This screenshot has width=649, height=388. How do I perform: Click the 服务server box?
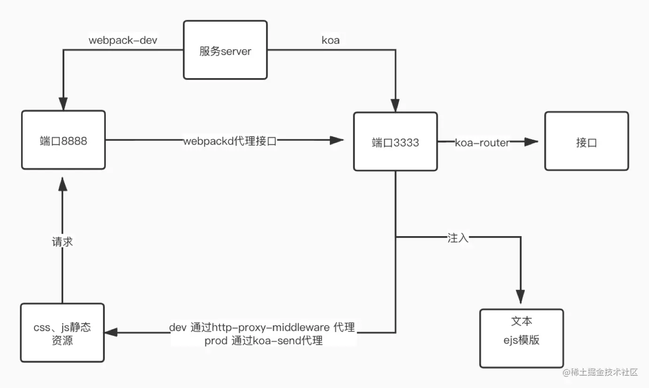pos(225,50)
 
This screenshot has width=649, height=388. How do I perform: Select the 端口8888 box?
pos(63,140)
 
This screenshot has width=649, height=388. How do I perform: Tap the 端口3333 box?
pos(395,142)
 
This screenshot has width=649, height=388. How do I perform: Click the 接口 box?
pos(586,141)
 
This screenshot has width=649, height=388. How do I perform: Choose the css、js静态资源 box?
pos(63,333)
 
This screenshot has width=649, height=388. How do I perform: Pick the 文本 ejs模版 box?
pos(521,338)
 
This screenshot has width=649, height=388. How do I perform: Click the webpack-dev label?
pos(123,40)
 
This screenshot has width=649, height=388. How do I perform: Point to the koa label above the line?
pos(330,40)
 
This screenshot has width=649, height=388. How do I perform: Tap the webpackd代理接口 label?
pos(230,141)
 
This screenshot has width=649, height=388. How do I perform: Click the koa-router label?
pos(482,143)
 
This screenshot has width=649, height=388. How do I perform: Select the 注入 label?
pos(458,238)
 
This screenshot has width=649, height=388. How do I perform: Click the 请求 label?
pos(63,243)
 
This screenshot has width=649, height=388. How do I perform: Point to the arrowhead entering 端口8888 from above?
pos(63,103)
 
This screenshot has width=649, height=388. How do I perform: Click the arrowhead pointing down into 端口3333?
pos(395,105)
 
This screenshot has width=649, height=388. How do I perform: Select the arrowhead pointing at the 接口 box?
pos(531,142)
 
